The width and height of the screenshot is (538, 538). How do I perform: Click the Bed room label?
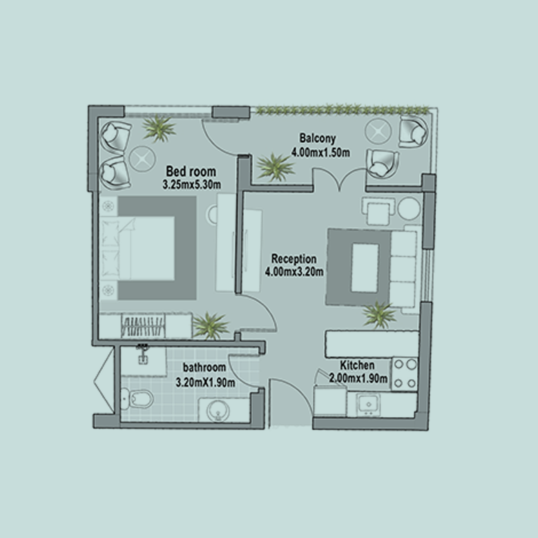tap(191, 171)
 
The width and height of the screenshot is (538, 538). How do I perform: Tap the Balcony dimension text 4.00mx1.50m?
tap(320, 152)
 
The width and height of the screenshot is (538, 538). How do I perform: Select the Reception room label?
tap(294, 258)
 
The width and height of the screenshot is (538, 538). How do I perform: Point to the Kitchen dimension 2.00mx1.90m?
tap(358, 378)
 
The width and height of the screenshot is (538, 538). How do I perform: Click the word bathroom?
tap(204, 367)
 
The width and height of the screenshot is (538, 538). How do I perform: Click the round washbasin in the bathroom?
tap(217, 410)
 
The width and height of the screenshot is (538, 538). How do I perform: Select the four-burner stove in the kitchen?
tap(405, 374)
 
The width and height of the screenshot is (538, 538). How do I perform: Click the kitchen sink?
tap(369, 405)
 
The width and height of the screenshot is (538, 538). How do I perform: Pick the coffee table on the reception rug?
tap(365, 268)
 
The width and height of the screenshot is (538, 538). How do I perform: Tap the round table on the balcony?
tap(378, 131)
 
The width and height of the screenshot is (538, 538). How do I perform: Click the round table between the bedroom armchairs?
tap(142, 159)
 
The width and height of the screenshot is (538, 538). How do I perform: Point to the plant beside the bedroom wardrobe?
tap(210, 325)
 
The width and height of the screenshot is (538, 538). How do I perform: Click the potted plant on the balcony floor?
tap(275, 167)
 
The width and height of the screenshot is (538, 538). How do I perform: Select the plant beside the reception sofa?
tap(378, 315)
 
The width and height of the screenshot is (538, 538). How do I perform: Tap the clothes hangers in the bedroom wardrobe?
tap(143, 326)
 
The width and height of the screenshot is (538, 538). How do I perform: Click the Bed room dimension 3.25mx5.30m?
tap(192, 184)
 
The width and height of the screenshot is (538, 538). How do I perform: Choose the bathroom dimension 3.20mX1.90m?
tap(206, 382)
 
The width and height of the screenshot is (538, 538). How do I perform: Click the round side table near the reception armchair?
tap(409, 209)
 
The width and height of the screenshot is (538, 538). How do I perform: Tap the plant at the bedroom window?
tap(159, 128)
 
